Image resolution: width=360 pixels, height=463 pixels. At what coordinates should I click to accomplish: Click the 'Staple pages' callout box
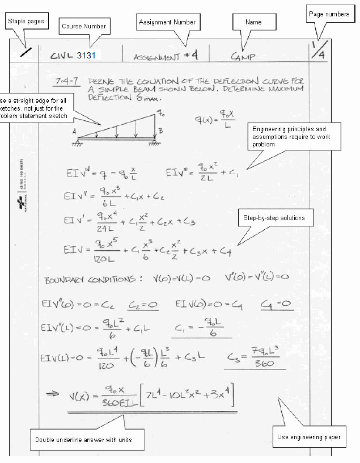click(26, 21)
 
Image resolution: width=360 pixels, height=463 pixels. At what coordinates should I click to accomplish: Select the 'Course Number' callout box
click(83, 26)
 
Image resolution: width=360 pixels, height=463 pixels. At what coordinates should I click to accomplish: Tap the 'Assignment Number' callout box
click(168, 22)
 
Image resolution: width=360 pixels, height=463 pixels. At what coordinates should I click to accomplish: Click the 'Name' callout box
click(253, 22)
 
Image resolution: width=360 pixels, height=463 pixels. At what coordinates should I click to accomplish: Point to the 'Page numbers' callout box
click(329, 14)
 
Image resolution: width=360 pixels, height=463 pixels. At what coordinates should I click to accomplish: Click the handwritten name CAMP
click(243, 57)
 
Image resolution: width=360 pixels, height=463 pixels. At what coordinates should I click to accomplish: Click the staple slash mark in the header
click(25, 52)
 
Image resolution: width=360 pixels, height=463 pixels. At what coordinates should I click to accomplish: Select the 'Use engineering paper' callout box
click(308, 437)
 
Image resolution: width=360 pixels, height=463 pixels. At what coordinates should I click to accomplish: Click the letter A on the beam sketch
click(74, 131)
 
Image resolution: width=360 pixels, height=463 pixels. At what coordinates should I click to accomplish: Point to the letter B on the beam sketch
click(160, 131)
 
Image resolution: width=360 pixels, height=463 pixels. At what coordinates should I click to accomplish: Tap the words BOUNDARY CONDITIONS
click(88, 280)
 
